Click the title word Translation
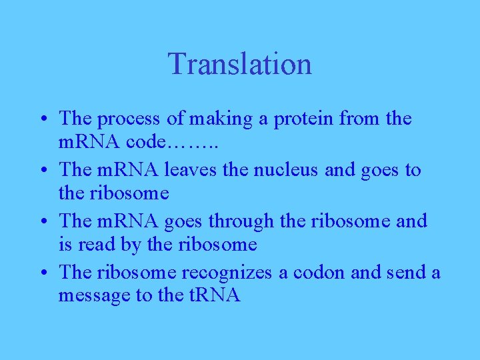(x=239, y=64)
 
